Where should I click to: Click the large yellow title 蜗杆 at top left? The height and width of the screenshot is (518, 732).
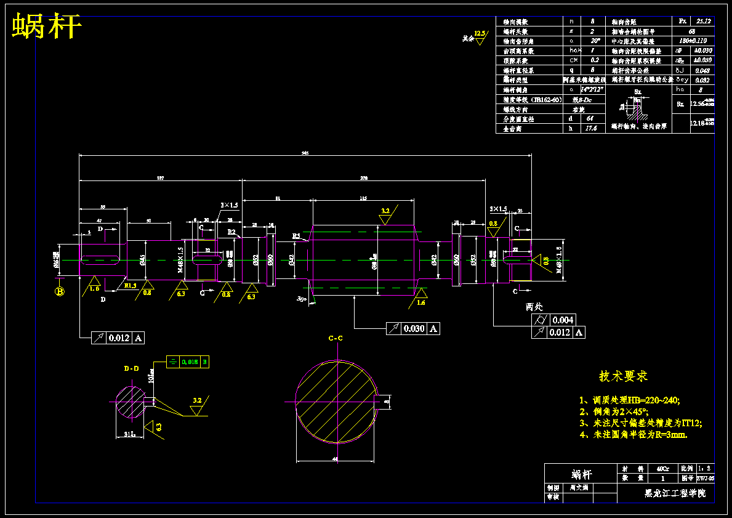[47, 26]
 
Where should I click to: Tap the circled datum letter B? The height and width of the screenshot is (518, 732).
[60, 291]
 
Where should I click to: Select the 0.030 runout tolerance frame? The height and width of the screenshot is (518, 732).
[412, 329]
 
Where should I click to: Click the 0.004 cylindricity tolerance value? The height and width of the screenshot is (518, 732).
[563, 320]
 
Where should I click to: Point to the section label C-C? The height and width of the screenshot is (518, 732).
[336, 338]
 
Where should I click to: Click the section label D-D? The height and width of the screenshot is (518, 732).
[131, 368]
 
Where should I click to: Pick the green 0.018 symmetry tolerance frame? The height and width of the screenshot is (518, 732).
[188, 362]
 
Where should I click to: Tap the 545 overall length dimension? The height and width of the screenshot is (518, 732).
[305, 153]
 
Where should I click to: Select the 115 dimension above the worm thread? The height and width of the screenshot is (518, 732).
[363, 198]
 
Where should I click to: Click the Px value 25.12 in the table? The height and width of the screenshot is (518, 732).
[703, 21]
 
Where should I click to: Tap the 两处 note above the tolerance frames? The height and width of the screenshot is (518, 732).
[534, 306]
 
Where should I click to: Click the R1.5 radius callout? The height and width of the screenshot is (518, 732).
[130, 286]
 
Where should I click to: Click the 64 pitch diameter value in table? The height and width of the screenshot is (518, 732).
[590, 119]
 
